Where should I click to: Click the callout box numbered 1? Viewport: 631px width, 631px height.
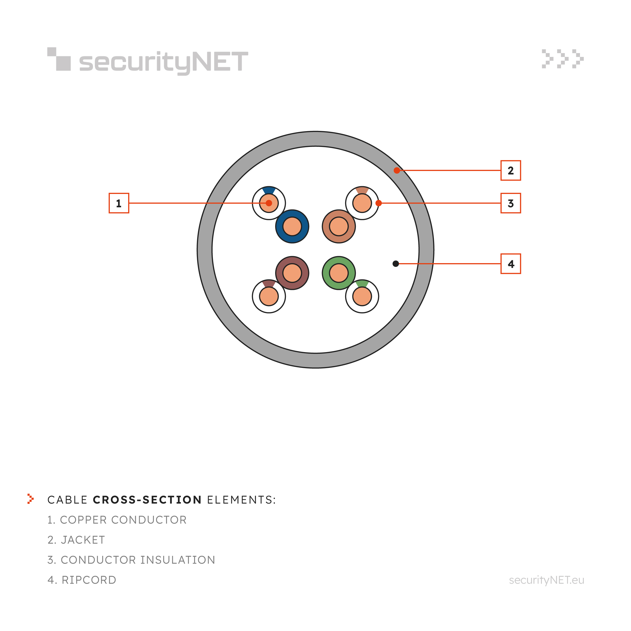click(119, 203)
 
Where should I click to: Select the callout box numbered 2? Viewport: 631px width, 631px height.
click(511, 170)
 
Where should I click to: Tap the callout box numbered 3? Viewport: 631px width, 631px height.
click(511, 203)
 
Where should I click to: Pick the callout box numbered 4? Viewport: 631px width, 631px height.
click(511, 264)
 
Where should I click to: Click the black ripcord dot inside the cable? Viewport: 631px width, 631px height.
click(396, 264)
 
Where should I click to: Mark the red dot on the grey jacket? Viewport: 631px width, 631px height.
click(397, 170)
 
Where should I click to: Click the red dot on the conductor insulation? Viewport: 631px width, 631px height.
click(379, 203)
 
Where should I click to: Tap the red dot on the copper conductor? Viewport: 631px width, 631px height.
click(269, 203)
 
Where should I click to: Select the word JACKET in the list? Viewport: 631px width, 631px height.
click(83, 540)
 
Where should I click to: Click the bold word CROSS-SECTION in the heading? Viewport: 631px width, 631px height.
click(147, 500)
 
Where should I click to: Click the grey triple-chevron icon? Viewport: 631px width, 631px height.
click(563, 59)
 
